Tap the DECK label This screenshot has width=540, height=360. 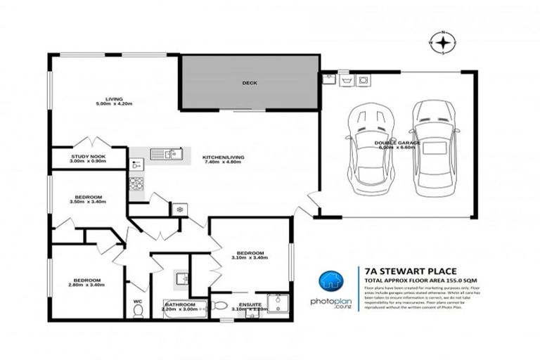click(x=249, y=83)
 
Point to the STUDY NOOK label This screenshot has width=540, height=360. click(x=89, y=159)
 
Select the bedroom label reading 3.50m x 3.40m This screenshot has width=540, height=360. click(x=89, y=199)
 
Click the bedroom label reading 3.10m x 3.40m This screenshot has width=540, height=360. click(x=250, y=255)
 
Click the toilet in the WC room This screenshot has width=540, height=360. click(x=138, y=311)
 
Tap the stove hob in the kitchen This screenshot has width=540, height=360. click(x=136, y=184)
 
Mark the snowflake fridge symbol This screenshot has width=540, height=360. click(x=179, y=210)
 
